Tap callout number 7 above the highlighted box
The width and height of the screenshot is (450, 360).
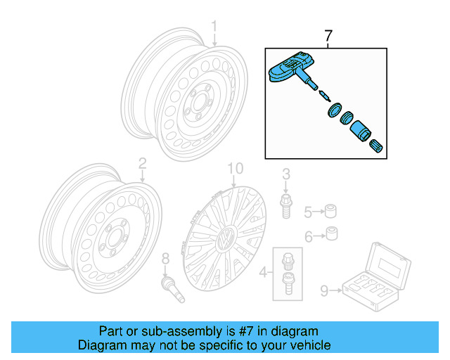328,35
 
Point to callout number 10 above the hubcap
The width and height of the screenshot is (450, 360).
234,169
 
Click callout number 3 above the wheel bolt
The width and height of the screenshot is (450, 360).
286,174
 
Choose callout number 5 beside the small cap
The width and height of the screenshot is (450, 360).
307,212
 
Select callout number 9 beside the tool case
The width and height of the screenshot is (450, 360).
324,288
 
